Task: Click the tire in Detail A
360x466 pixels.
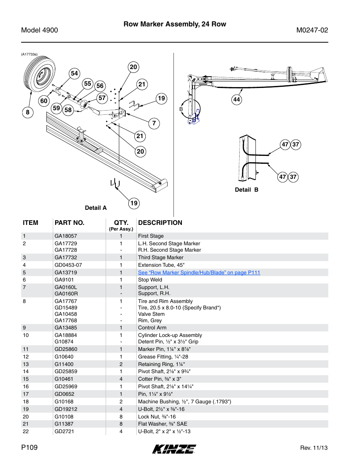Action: (x=39, y=77)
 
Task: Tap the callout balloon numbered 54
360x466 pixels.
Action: (x=74, y=73)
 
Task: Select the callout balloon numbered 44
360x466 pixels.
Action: (x=237, y=100)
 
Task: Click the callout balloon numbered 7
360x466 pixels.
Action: (x=154, y=123)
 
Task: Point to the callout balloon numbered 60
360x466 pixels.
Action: (x=44, y=101)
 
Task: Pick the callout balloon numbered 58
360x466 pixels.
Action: (x=68, y=110)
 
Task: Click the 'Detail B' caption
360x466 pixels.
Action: (x=246, y=190)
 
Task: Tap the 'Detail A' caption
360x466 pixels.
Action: (x=95, y=208)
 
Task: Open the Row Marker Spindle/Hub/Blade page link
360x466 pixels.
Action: (x=199, y=272)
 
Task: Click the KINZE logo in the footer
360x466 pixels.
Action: (x=174, y=449)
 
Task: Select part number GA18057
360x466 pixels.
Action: (x=66, y=236)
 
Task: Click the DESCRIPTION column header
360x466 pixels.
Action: (x=160, y=223)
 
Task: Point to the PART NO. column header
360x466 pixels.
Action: (x=69, y=223)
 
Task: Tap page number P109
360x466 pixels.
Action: (x=29, y=448)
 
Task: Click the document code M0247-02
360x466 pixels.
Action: (x=312, y=30)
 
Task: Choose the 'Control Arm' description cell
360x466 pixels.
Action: (x=152, y=328)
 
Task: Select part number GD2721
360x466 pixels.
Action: (x=64, y=431)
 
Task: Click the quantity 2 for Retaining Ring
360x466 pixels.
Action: (x=121, y=364)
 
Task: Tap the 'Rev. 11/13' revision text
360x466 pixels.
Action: (x=314, y=448)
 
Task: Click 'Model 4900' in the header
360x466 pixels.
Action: (x=40, y=30)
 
